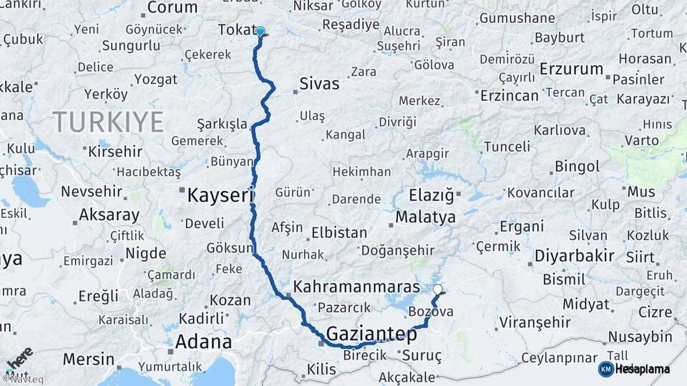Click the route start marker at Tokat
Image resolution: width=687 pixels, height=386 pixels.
260,31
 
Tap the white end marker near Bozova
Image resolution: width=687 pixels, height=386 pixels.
438,289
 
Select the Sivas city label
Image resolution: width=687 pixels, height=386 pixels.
319,84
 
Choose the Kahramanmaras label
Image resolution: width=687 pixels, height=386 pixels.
356,287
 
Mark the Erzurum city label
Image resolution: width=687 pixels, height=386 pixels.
572,69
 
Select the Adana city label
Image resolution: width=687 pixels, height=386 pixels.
203,342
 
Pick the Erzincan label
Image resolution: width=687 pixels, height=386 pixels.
509,95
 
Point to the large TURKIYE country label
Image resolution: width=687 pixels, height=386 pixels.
107,122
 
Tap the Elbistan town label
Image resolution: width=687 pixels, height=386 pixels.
339,233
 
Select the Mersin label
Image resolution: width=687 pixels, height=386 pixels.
88,359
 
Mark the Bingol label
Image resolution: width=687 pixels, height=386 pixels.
577,167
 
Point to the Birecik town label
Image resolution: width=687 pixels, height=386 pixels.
365,355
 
